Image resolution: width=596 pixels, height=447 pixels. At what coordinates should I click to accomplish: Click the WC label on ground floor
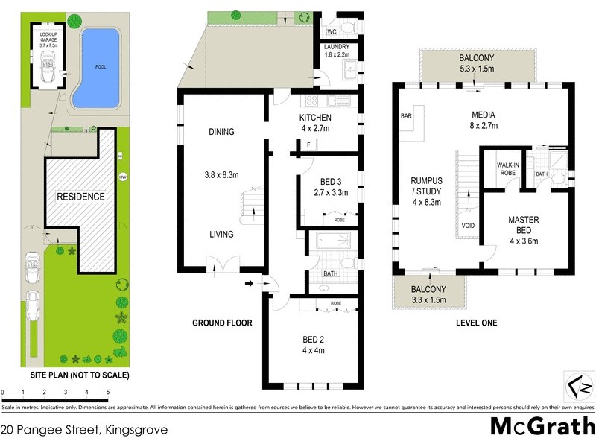coord(332,31)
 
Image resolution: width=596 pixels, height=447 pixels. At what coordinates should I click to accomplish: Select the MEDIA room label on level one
coord(484,115)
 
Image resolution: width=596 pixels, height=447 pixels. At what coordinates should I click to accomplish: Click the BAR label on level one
coord(407,117)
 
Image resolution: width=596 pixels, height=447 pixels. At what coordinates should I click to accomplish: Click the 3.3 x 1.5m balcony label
coord(428,294)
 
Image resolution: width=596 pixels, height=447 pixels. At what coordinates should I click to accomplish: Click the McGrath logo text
coord(542,425)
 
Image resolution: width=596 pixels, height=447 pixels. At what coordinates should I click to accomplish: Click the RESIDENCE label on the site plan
coord(82,197)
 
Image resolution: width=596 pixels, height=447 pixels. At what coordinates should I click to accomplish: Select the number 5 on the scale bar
coord(108,391)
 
